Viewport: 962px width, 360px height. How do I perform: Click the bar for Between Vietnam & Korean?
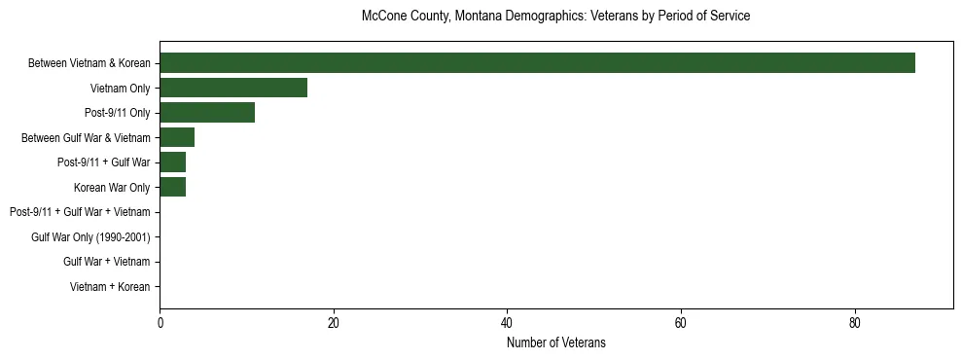537,63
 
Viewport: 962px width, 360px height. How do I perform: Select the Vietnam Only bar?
233,88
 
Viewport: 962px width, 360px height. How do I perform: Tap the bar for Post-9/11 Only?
207,113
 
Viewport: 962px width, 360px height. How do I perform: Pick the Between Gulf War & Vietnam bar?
177,137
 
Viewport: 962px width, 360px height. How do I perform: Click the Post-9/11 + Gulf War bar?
172,162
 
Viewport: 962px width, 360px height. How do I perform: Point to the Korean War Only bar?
172,187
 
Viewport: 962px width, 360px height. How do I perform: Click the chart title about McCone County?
555,17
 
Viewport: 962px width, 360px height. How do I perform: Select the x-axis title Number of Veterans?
555,342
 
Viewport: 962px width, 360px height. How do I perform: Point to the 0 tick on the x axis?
160,324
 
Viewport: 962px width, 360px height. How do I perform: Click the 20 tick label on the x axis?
334,324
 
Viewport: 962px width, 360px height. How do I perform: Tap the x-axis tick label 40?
507,324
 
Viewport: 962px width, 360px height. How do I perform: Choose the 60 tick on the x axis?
681,324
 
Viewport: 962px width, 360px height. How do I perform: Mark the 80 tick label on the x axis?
855,324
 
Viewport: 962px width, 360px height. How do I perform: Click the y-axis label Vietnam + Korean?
110,287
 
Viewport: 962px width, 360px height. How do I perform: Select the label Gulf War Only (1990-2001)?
90,237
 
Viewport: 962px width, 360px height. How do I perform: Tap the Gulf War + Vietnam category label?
107,262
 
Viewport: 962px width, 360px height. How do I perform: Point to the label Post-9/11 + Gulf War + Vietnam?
80,212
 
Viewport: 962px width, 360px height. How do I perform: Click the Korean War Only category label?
112,187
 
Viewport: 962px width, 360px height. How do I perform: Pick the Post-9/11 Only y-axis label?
118,113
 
